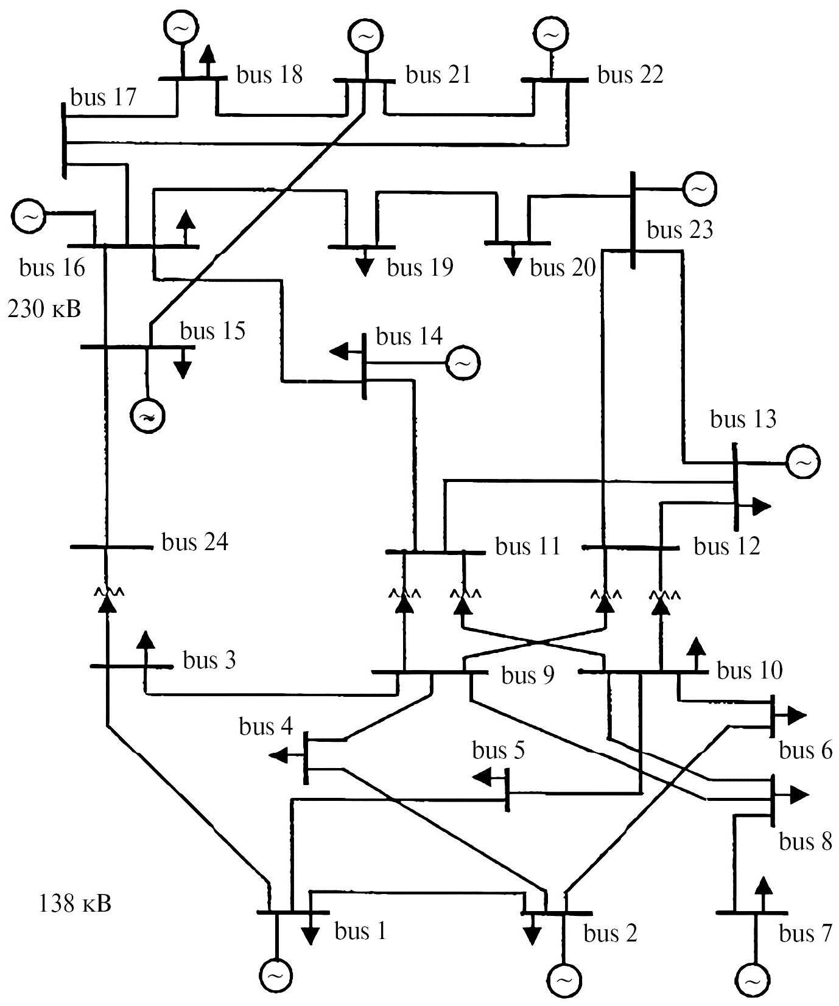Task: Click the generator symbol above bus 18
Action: (181, 27)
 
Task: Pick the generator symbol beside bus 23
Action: (700, 189)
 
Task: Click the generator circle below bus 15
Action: (148, 417)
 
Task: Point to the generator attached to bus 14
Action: (463, 363)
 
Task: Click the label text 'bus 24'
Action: (195, 542)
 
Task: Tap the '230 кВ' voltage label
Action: (44, 309)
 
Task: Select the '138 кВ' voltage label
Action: (75, 903)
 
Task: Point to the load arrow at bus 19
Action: (365, 264)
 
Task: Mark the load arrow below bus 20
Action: (513, 262)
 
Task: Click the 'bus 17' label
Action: (104, 97)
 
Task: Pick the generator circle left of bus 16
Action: (29, 216)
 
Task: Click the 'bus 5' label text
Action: (498, 751)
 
